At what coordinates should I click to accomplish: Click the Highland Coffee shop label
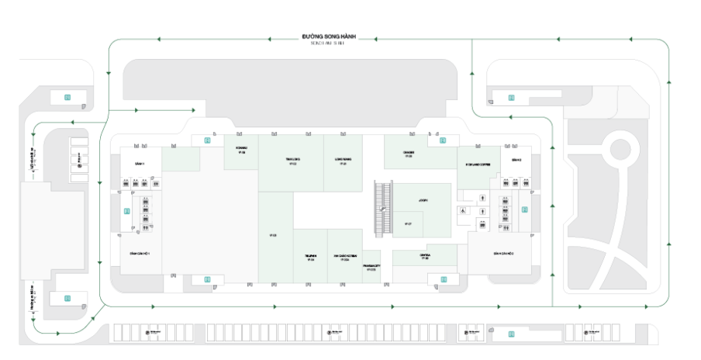coord(475,164)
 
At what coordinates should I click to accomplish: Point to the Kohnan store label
coord(241,151)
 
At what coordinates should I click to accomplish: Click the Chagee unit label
coord(409,154)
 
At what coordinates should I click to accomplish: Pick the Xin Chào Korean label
coord(345,257)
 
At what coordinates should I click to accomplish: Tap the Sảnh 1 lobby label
coord(140,164)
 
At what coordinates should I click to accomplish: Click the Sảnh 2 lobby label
coord(516,160)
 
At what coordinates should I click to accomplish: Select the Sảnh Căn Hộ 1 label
coord(140,254)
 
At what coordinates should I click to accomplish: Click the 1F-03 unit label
coord(273,235)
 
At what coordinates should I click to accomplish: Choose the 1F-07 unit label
coord(408,224)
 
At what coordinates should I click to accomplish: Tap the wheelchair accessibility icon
coord(464,209)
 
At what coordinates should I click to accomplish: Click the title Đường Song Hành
coord(337,36)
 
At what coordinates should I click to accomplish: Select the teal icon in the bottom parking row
coord(511,334)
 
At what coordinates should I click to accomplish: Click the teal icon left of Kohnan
coord(207,140)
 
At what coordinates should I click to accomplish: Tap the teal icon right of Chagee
coord(443,140)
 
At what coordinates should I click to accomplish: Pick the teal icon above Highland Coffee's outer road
coord(511,97)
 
